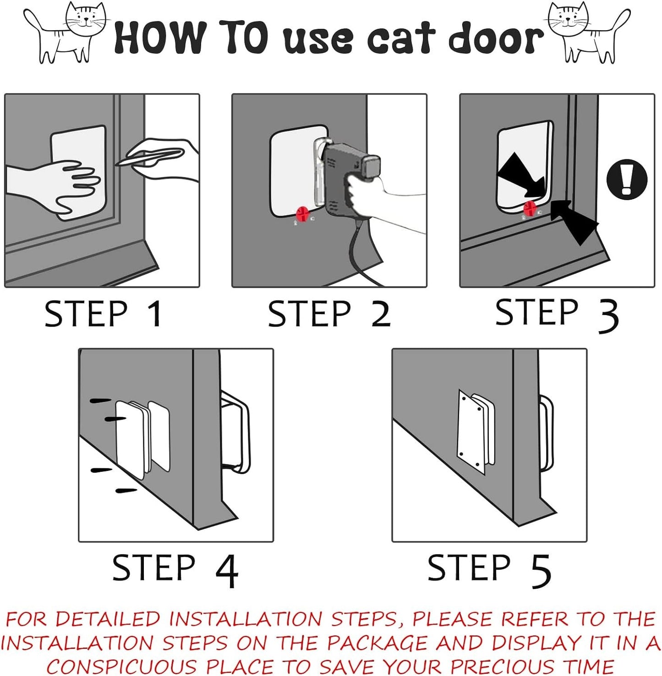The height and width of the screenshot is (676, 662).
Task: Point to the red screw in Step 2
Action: pos(303,213)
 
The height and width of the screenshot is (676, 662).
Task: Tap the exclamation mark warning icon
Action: pos(627,179)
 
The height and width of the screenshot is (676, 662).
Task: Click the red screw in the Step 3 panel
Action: pos(530,208)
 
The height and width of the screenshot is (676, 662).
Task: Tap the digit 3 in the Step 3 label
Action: pos(608,316)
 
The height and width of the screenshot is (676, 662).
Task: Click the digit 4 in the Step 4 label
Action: pos(227,571)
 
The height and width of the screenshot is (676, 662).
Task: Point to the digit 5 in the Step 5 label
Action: pos(541,571)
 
